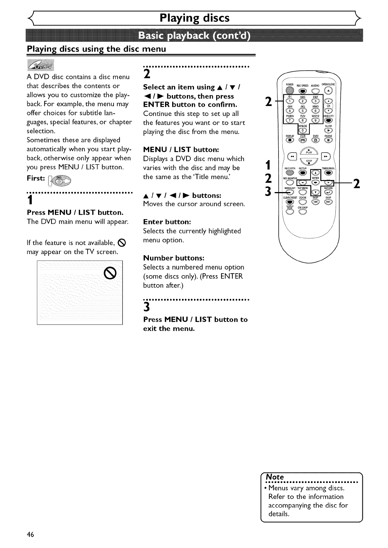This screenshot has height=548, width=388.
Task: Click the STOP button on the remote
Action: pos(309,162)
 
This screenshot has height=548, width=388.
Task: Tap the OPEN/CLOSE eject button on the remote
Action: pos(329,91)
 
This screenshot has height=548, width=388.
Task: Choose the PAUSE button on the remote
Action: pos(329,140)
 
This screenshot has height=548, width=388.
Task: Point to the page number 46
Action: pos(30,535)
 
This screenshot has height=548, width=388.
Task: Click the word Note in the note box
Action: pos(275,477)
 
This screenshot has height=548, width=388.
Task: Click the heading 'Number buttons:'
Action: pos(174,258)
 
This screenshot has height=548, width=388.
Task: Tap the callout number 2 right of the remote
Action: pos(357,183)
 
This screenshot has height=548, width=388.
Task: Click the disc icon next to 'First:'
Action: pos(61,180)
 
